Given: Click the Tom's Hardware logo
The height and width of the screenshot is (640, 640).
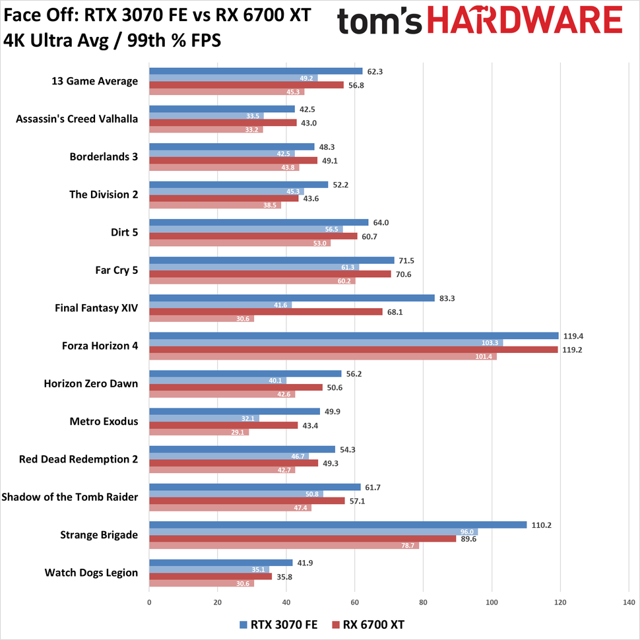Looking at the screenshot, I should tap(480, 22).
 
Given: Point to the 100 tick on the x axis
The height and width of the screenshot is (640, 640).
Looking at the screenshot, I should tap(492, 602).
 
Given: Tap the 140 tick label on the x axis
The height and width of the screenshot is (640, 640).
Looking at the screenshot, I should tap(628, 602).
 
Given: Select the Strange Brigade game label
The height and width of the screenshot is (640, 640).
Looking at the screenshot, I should tap(100, 534).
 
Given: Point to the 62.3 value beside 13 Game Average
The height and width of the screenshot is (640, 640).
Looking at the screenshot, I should tap(374, 71).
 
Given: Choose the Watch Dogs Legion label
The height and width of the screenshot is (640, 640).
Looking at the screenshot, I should tap(91, 572).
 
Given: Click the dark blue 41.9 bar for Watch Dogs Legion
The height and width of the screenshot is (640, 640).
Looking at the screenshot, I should tap(221, 562).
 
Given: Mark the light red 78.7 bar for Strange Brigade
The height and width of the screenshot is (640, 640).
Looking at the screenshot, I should tap(284, 545).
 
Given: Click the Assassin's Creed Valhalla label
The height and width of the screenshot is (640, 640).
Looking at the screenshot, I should tap(77, 119).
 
